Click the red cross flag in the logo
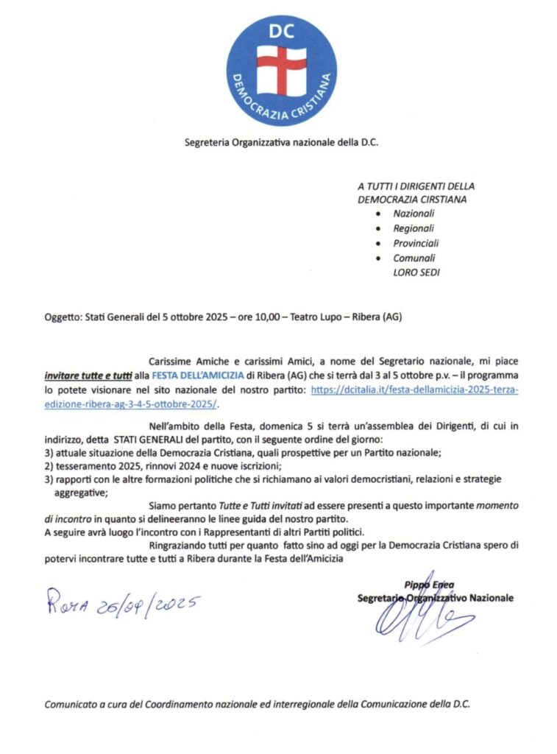[x=281, y=66]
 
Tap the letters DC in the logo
[x=281, y=30]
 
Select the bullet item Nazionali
[x=414, y=213]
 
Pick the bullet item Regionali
[x=414, y=228]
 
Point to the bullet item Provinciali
[x=416, y=243]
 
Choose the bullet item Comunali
[x=414, y=258]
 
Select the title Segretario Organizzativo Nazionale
[x=435, y=598]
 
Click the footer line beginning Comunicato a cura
[x=257, y=703]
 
